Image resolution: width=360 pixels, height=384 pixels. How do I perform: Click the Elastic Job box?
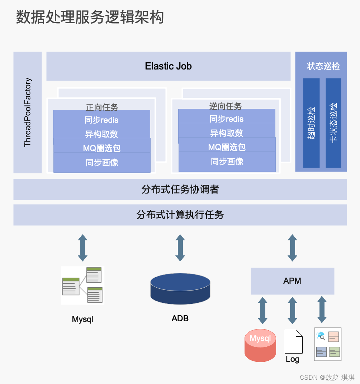(x=168, y=66)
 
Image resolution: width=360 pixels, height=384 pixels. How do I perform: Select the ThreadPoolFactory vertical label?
(x=28, y=112)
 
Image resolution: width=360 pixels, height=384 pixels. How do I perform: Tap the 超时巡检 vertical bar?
(x=311, y=123)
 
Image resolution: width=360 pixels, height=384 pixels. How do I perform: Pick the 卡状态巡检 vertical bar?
(x=333, y=123)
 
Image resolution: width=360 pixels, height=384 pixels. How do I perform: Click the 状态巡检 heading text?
(x=323, y=66)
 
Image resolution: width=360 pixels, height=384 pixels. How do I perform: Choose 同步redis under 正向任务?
(x=101, y=120)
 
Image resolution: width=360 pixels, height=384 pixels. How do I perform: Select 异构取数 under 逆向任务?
(x=227, y=133)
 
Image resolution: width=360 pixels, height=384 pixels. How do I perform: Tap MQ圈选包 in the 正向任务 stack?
(x=102, y=148)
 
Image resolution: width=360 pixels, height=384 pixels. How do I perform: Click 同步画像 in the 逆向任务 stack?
(x=227, y=162)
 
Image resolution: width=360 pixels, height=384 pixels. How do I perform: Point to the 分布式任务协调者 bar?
(x=180, y=189)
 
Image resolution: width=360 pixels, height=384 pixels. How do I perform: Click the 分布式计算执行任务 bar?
(x=180, y=215)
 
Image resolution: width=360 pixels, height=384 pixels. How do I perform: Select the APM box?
(x=292, y=281)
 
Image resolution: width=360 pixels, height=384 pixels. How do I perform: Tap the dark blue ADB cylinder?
(x=180, y=289)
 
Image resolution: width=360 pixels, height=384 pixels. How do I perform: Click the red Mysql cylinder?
(x=260, y=345)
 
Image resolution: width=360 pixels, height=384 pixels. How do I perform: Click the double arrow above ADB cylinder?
(x=180, y=248)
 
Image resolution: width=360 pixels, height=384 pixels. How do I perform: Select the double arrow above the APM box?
(x=293, y=248)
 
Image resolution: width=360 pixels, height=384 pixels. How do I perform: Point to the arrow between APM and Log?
(x=293, y=311)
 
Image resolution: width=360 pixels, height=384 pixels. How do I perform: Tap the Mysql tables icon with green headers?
(x=82, y=285)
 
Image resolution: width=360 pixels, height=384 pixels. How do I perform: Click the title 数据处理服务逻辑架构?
(x=90, y=17)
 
